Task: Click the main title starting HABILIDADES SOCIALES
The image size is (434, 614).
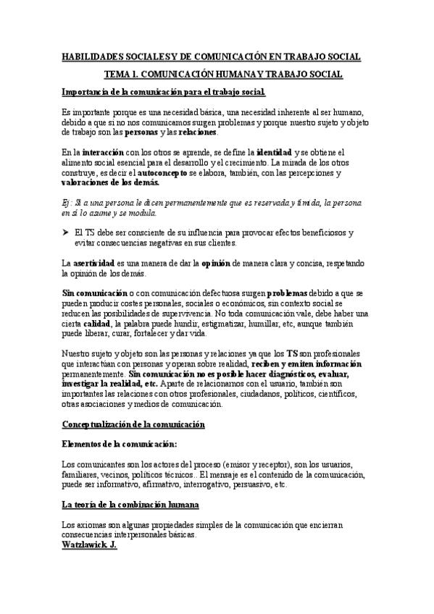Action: coord(216,56)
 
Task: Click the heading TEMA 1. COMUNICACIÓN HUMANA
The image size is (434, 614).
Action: coord(224,75)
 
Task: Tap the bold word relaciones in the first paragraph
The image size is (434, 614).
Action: coord(217,133)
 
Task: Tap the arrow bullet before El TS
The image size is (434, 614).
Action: coord(66,233)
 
